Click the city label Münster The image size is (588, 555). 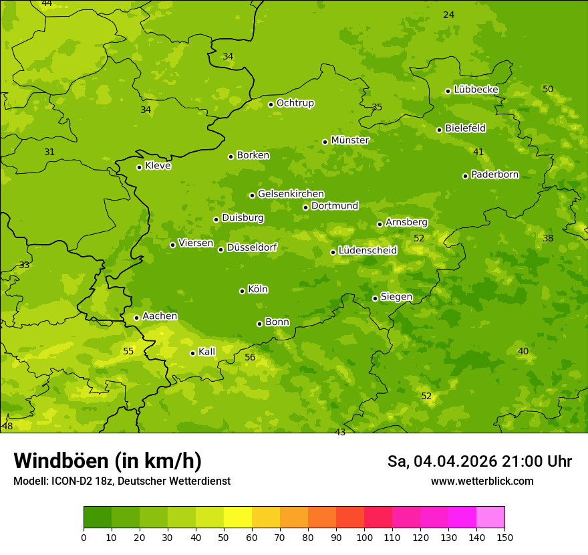click(350, 140)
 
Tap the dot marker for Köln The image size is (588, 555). click(242, 291)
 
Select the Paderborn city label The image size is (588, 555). click(494, 175)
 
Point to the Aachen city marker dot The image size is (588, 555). click(137, 318)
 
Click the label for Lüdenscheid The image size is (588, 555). click(367, 251)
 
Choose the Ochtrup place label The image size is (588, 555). click(295, 103)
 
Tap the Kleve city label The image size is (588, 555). click(158, 166)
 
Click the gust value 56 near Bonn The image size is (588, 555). click(250, 358)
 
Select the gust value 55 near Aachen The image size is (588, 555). click(128, 351)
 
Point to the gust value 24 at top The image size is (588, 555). click(448, 15)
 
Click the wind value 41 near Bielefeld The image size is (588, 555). click(478, 152)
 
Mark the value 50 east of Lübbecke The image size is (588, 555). click(548, 89)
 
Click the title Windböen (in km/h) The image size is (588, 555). click(108, 461)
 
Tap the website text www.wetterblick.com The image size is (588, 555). click(482, 481)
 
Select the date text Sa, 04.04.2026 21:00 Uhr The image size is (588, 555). click(479, 461)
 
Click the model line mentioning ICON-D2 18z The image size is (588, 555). click(122, 481)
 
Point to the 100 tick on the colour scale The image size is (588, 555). click(364, 537)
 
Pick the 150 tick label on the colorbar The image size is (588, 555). click(504, 537)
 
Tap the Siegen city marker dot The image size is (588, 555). click(375, 298)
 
